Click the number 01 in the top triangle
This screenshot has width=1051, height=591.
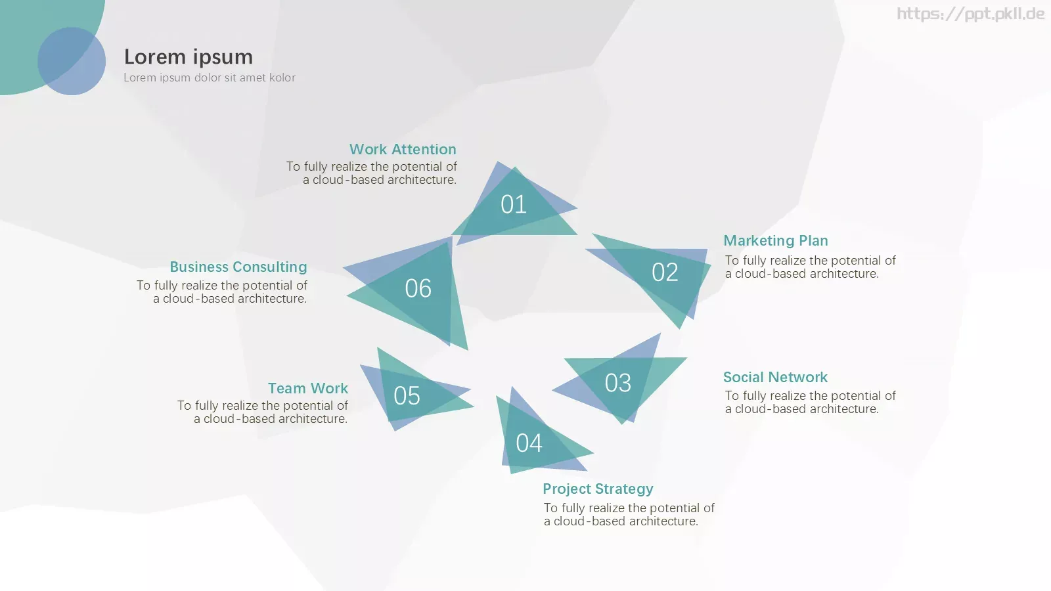pyautogui.click(x=513, y=204)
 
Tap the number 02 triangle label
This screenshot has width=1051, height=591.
pyautogui.click(x=665, y=273)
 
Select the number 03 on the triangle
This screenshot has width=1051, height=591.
pyautogui.click(x=618, y=383)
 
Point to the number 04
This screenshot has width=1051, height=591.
pyautogui.click(x=529, y=443)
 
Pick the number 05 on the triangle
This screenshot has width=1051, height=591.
pyautogui.click(x=407, y=396)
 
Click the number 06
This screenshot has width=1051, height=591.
pyautogui.click(x=418, y=288)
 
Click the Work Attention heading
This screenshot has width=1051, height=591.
pyautogui.click(x=403, y=149)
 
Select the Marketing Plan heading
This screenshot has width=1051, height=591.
pyautogui.click(x=776, y=240)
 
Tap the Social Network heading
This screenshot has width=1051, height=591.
pyautogui.click(x=775, y=377)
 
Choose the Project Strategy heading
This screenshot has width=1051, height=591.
pyautogui.click(x=598, y=489)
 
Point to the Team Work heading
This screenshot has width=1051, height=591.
pyautogui.click(x=308, y=388)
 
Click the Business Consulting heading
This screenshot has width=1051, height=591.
pyautogui.click(x=238, y=267)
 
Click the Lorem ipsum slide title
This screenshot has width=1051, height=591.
pyautogui.click(x=188, y=57)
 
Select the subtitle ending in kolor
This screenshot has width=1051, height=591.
pyautogui.click(x=210, y=78)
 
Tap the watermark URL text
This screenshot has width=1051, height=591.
pyautogui.click(x=971, y=14)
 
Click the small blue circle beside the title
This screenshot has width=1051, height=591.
pyautogui.click(x=72, y=61)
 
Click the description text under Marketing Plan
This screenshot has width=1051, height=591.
pyautogui.click(x=811, y=267)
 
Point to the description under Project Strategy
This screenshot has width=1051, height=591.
pyautogui.click(x=629, y=515)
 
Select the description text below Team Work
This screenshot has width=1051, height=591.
pyautogui.click(x=263, y=412)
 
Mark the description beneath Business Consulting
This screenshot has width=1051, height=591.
pyautogui.click(x=222, y=292)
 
